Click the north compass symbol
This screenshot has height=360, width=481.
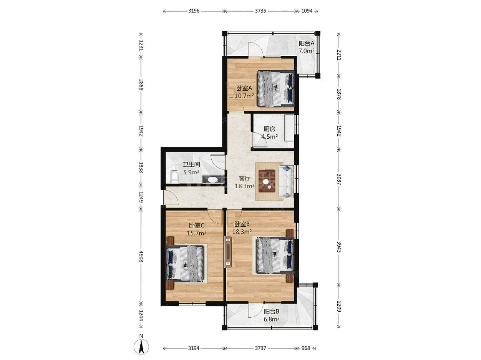click(x=141, y=347)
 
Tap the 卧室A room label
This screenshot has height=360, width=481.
click(x=244, y=88)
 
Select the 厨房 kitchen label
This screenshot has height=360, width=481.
click(x=269, y=129)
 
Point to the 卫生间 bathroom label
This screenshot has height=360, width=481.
click(x=191, y=164)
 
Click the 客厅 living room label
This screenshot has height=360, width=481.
click(x=244, y=178)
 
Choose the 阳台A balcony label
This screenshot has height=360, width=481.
click(x=307, y=43)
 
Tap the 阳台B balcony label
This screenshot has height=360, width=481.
click(x=271, y=311)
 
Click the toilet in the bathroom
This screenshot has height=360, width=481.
click(x=174, y=177)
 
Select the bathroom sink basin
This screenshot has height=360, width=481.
click(x=60, y=180)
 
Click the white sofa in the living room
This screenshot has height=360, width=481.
click(x=286, y=181)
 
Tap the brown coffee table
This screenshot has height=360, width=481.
click(x=267, y=181)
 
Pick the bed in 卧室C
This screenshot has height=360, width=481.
click(x=185, y=264)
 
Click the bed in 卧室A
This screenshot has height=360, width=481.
click(x=276, y=88)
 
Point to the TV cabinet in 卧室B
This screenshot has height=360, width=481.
click(x=228, y=252)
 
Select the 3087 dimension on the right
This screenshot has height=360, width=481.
click(x=339, y=179)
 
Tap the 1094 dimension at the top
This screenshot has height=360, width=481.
click(x=307, y=11)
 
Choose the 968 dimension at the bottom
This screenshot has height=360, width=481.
click(x=306, y=348)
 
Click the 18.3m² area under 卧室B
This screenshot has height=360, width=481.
click(x=242, y=232)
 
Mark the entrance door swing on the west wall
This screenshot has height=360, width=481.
click(x=171, y=197)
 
